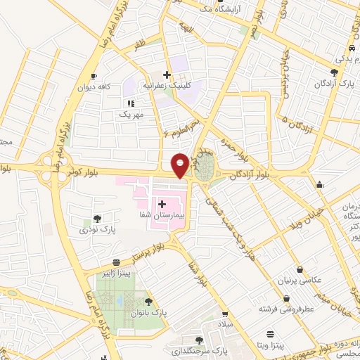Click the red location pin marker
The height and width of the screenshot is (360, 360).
point(180,165)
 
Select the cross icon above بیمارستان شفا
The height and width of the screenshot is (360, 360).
point(162,203)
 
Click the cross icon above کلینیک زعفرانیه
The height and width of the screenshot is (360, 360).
point(167,75)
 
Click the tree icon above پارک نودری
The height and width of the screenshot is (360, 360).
point(97,218)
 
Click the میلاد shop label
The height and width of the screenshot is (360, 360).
point(224,324)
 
